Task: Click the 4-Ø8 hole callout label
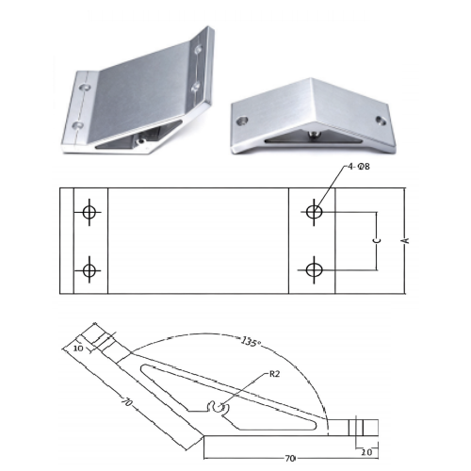point(359,167)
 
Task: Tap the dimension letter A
point(406,240)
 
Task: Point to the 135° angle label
point(252,341)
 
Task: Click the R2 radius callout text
point(274,374)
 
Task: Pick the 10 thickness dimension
point(78,348)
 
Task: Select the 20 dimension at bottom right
point(366,452)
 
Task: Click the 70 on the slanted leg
point(126,402)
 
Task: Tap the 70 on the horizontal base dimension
point(289,459)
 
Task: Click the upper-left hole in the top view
point(89,212)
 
